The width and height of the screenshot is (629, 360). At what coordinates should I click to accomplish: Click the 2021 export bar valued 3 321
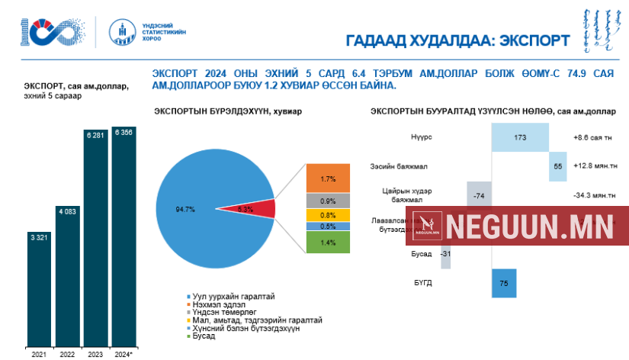click(x=40, y=286)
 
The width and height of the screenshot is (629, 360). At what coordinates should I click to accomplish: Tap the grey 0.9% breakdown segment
click(x=328, y=201)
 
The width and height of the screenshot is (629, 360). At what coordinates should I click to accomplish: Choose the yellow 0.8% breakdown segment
click(x=328, y=214)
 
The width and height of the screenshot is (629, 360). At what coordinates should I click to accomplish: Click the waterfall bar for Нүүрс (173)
click(x=520, y=138)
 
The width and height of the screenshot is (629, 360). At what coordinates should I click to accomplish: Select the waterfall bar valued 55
click(x=557, y=166)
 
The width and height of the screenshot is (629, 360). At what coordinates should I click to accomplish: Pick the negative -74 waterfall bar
click(x=478, y=195)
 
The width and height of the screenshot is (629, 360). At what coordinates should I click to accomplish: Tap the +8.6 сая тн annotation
click(x=594, y=138)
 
